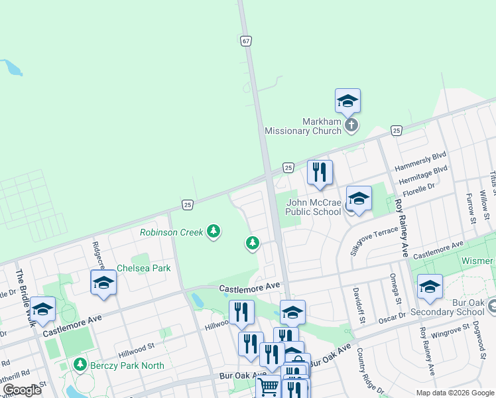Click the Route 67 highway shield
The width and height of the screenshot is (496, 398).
tap(246, 40)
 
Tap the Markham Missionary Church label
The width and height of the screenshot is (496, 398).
tap(303, 126)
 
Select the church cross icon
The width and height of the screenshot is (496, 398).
tap(351, 124)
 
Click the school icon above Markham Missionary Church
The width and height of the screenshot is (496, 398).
tap(347, 101)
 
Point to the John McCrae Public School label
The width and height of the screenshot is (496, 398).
tap(314, 207)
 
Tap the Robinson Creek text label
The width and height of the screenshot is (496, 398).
tap(172, 232)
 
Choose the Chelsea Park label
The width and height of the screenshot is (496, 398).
tap(144, 268)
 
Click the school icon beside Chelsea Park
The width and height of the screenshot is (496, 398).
tap(103, 283)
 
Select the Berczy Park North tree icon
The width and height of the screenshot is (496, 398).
tap(80, 365)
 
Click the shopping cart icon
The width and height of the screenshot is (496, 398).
tap(269, 387)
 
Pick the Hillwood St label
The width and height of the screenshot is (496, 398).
tap(136, 346)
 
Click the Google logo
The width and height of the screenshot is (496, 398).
tap(23, 390)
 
